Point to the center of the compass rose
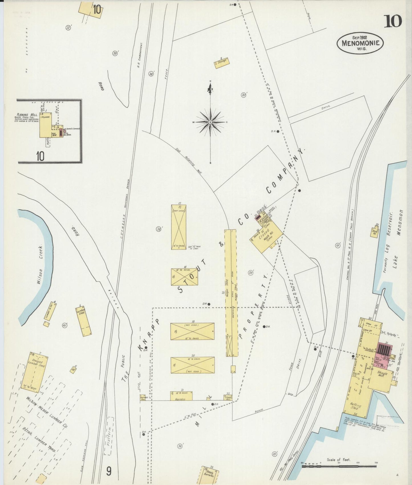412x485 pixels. tap(210, 122)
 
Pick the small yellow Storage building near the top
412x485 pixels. tap(222, 62)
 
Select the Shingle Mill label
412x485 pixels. tap(382, 374)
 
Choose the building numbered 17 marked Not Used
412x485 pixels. tap(179, 227)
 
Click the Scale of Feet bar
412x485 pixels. tap(340, 466)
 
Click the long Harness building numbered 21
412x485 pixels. tap(181, 396)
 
